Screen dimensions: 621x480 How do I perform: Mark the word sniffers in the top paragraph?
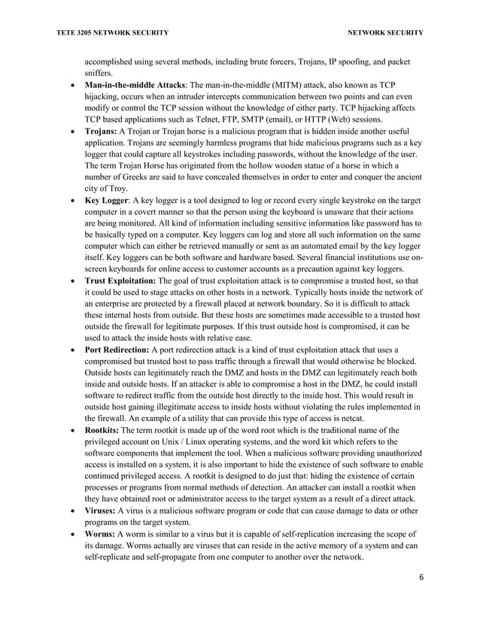point(99,72)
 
